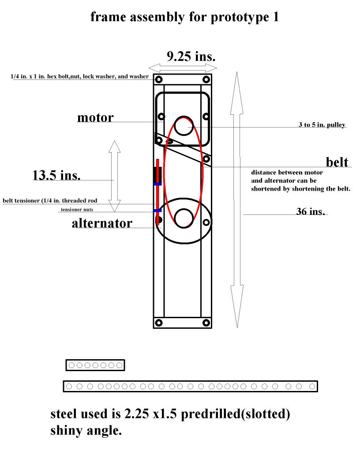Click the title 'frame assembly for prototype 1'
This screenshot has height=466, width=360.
tap(184, 17)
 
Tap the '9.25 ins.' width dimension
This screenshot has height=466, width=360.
tap(191, 56)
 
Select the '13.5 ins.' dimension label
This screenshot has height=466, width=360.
tap(56, 175)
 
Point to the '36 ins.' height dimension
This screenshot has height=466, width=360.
tap(311, 211)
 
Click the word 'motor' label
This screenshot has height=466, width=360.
tap(95, 118)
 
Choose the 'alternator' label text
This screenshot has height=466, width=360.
tap(102, 223)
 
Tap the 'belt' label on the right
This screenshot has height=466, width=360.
tap(337, 162)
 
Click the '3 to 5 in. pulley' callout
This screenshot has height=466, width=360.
tap(322, 125)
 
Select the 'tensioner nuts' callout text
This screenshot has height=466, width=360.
tap(77, 210)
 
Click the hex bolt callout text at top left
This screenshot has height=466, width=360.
tap(79, 76)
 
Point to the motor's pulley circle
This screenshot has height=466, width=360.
tap(184, 126)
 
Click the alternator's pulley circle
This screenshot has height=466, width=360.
tap(184, 218)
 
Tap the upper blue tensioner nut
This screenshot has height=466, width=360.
tap(158, 184)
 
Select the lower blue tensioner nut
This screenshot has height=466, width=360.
tap(158, 210)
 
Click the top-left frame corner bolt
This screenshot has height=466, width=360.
tap(159, 79)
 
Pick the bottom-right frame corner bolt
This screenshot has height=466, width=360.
tap(206, 323)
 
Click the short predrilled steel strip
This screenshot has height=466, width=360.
tap(95, 365)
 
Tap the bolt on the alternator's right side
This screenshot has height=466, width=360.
tap(206, 222)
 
